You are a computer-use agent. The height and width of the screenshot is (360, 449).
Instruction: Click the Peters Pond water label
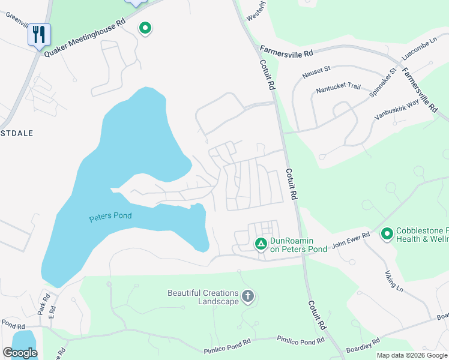110,217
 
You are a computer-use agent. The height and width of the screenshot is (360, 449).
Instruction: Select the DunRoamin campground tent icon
261,244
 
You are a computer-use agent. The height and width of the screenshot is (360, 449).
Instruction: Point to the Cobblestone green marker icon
387,233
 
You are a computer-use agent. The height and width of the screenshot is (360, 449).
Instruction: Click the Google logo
20,353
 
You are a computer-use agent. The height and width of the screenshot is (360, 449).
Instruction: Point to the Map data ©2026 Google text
412,355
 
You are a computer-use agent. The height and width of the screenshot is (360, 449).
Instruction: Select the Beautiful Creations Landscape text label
203,297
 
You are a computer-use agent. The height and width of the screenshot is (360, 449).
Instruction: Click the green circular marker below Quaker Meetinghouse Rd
144,28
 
